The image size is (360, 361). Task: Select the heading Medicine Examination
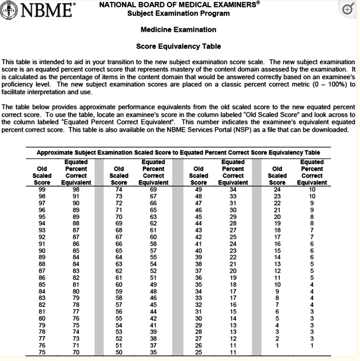(x=178, y=30)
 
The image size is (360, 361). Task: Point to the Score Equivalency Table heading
(x=178, y=46)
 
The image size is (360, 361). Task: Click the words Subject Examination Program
(x=178, y=13)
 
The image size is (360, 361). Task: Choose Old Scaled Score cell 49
(x=198, y=189)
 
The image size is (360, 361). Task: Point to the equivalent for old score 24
(x=313, y=189)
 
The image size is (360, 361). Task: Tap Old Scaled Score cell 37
(x=198, y=271)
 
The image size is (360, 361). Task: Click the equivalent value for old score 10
(x=313, y=284)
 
